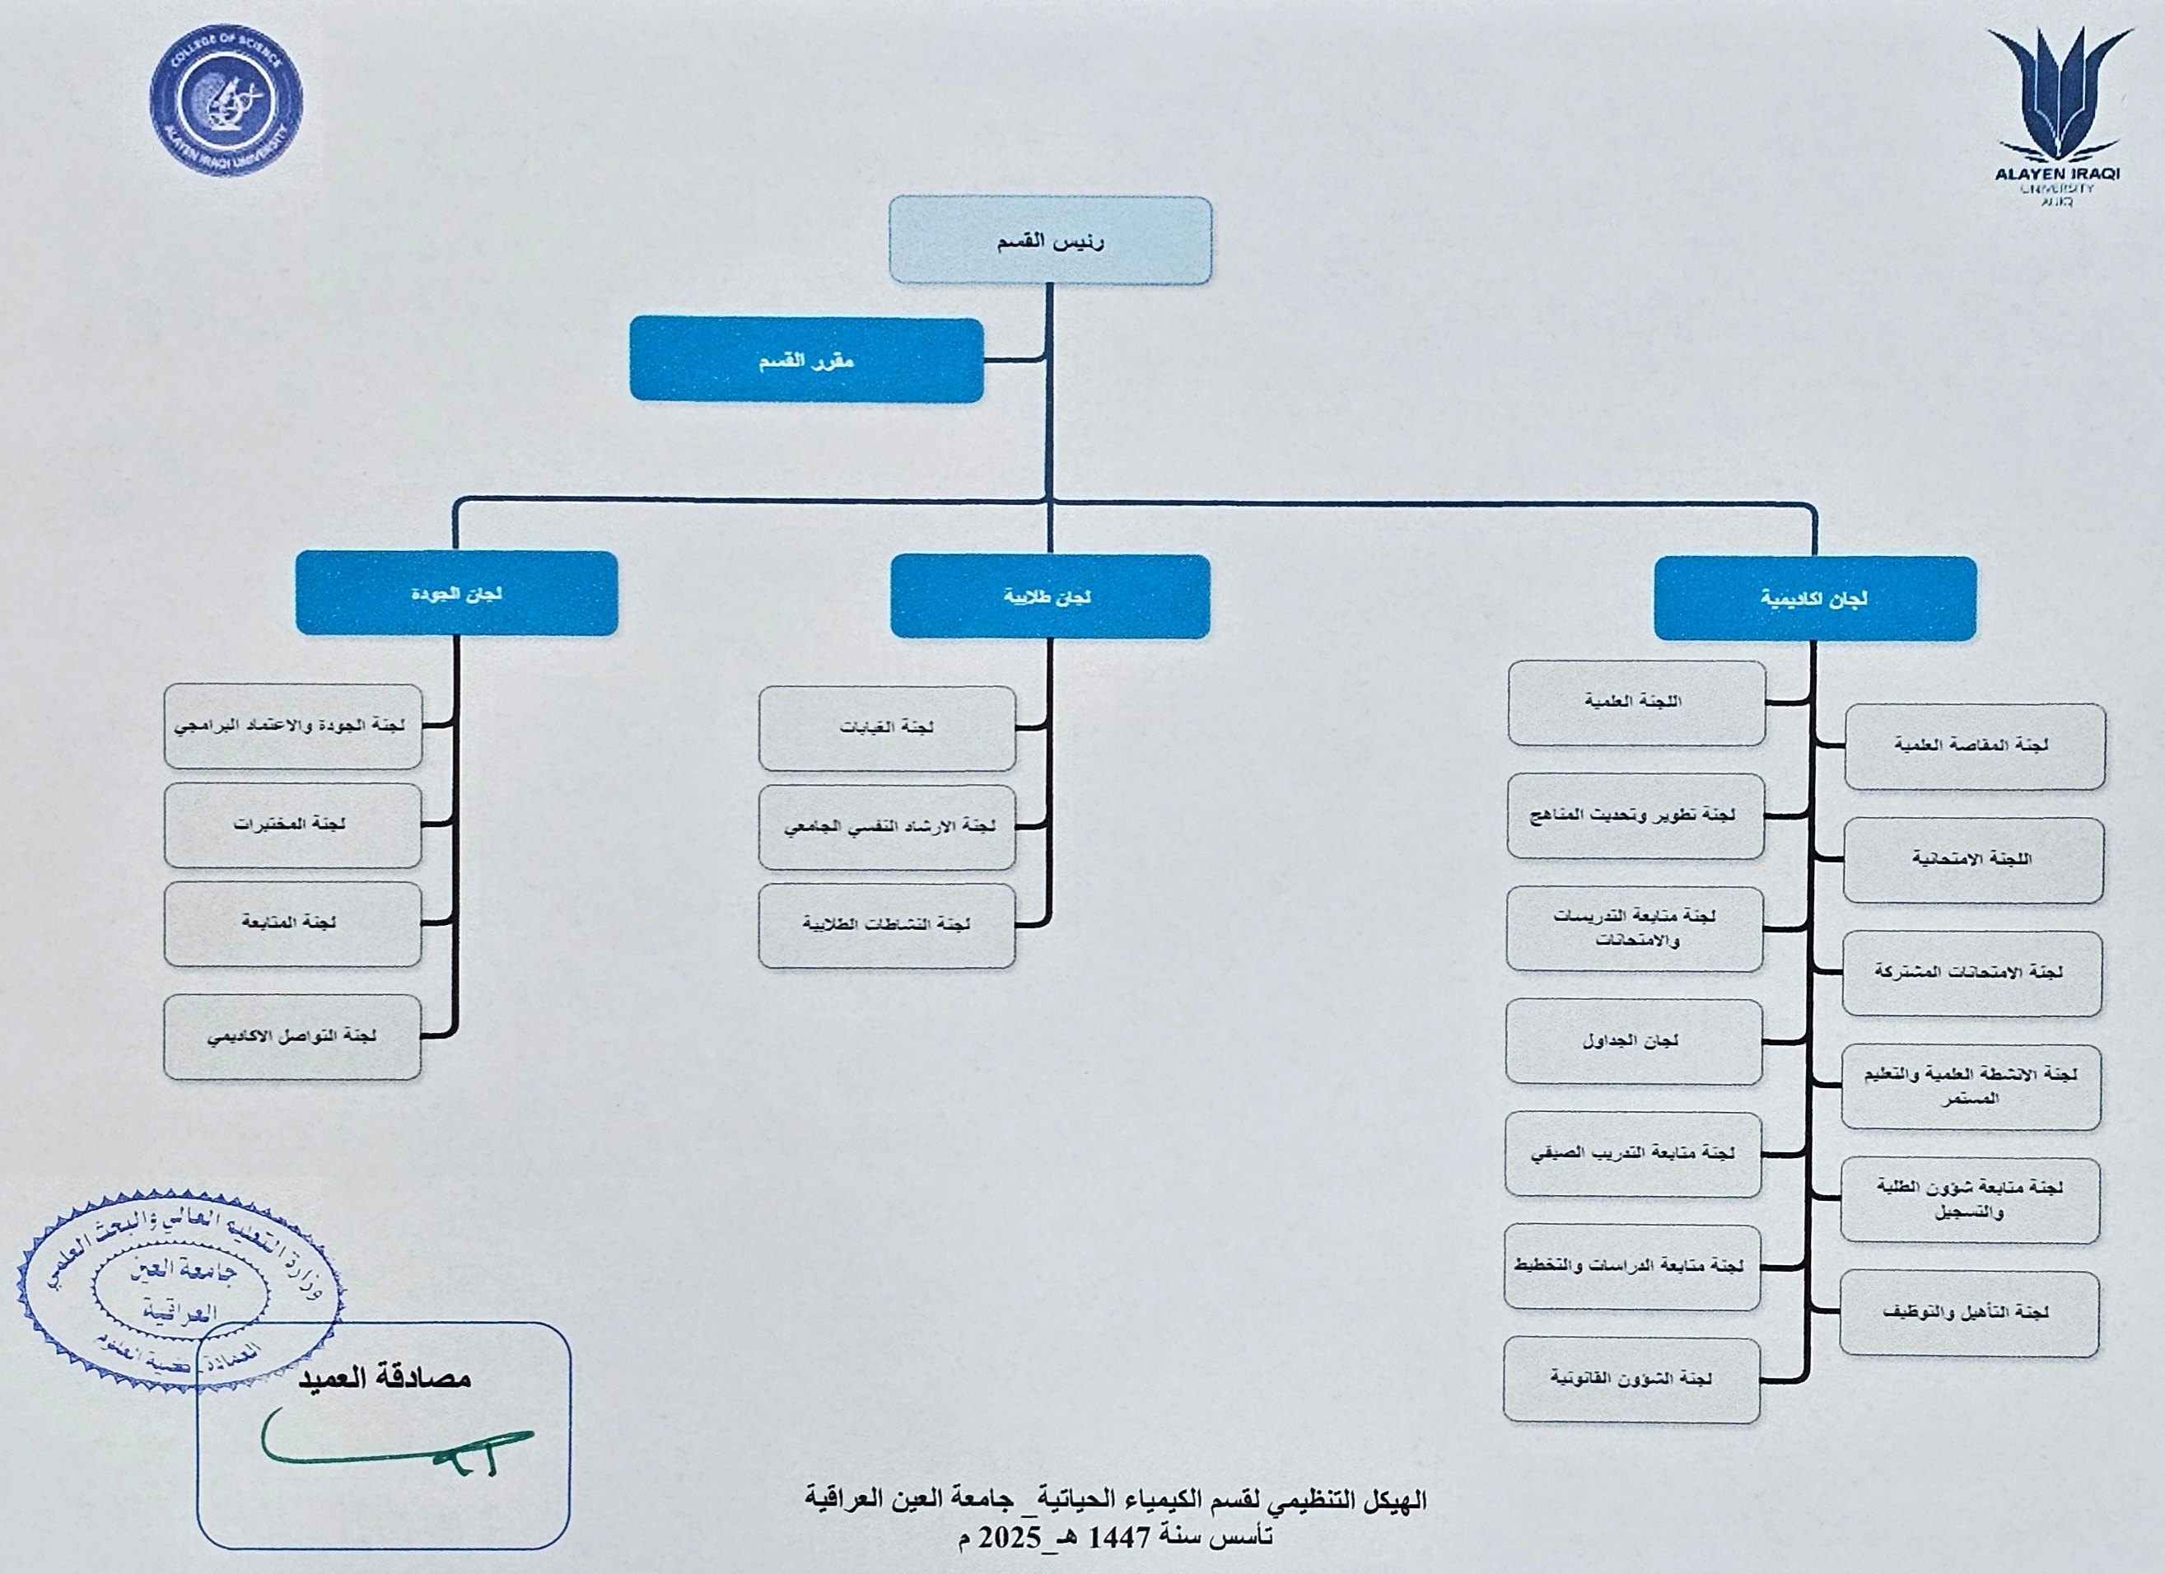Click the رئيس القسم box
(x=1050, y=241)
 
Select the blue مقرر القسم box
(x=806, y=360)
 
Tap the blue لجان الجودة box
(x=456, y=593)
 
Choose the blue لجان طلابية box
(x=1050, y=596)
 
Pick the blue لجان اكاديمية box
(x=1813, y=599)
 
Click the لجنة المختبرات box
(x=292, y=824)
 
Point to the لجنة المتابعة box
(x=292, y=923)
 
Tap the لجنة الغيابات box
(x=887, y=727)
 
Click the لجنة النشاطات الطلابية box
(x=887, y=925)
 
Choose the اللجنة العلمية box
(x=1635, y=703)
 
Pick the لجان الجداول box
(x=1633, y=1041)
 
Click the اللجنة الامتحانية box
(x=1972, y=859)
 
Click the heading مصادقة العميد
(x=385, y=1378)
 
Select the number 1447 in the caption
(x=1121, y=1538)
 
